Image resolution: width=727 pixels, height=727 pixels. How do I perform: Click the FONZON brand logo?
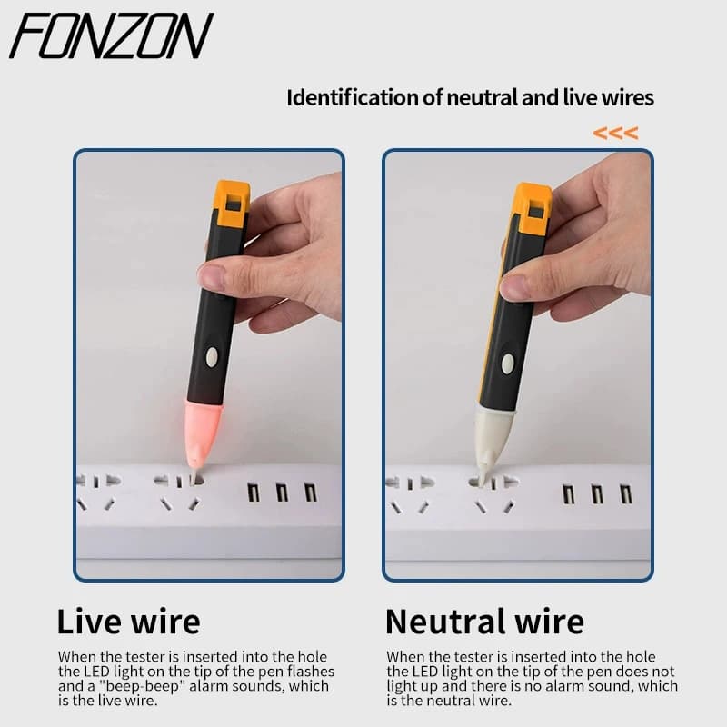[x=111, y=35]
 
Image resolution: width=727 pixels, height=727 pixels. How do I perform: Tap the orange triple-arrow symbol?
[x=615, y=133]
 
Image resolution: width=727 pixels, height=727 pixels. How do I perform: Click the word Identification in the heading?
[x=353, y=98]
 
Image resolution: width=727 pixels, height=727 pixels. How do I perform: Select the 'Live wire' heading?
[x=128, y=622]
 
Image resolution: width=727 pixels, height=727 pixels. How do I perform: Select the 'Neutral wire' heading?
[x=484, y=622]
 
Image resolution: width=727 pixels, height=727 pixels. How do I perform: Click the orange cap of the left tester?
[x=233, y=203]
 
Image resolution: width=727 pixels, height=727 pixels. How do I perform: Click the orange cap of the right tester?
[x=533, y=208]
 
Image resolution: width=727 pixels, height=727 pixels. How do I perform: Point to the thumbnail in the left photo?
[x=212, y=276]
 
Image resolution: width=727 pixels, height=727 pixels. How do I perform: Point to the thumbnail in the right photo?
[x=513, y=286]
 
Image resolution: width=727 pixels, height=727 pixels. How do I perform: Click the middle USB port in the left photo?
[x=282, y=492]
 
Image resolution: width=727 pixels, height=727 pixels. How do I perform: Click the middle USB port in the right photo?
[x=597, y=494]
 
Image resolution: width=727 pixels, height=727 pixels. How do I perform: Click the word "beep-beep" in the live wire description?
[x=140, y=686]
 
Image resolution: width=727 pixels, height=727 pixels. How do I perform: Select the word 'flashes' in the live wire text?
[x=311, y=672]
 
